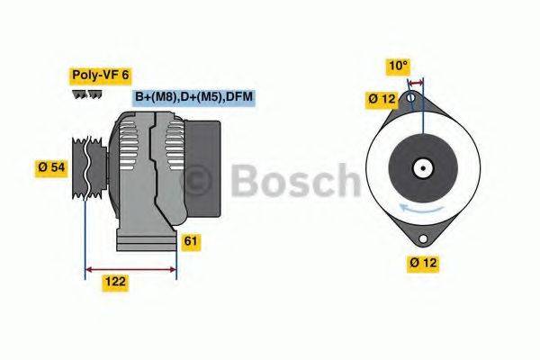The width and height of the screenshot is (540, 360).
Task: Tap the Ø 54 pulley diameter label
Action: (x=52, y=166)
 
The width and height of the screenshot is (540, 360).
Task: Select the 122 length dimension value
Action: (x=114, y=282)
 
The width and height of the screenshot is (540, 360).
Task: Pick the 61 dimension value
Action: (x=191, y=241)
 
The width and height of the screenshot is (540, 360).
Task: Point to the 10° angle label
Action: (x=399, y=65)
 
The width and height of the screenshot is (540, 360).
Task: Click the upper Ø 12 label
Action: (x=380, y=98)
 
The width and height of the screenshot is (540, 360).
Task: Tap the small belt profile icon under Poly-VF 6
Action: (x=86, y=94)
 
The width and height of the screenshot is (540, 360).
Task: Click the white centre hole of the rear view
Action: (x=420, y=167)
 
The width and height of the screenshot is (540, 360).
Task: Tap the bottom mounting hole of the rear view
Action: (x=422, y=238)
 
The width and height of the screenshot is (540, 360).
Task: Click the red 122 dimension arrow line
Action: (x=130, y=267)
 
